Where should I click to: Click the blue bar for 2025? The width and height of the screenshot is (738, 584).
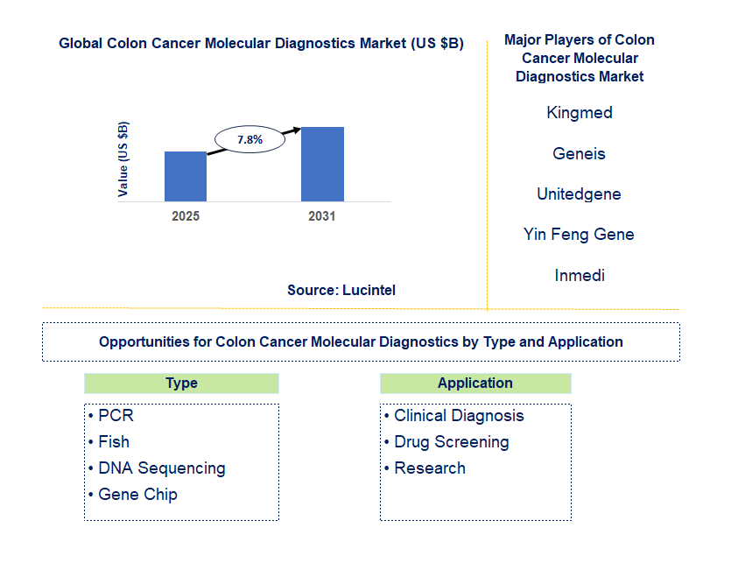click(x=186, y=177)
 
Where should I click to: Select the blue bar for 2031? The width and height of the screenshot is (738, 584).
click(x=322, y=165)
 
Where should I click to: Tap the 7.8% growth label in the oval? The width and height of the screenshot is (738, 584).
click(x=250, y=140)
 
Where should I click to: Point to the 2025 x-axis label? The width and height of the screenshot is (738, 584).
click(x=186, y=216)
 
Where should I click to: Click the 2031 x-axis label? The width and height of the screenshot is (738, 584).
click(x=322, y=216)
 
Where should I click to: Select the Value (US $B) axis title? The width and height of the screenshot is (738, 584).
click(x=123, y=159)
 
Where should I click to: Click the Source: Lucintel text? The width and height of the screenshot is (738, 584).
click(x=341, y=290)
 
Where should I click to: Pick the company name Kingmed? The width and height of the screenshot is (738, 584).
click(x=580, y=113)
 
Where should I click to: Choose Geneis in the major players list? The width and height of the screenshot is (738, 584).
click(x=579, y=153)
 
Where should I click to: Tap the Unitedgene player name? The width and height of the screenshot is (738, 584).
click(x=579, y=193)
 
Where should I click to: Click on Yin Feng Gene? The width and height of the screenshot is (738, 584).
click(x=579, y=235)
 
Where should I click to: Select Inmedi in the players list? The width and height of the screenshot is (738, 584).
click(x=580, y=275)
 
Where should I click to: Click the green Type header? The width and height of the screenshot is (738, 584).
click(x=182, y=383)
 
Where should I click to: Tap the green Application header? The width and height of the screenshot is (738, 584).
click(x=475, y=383)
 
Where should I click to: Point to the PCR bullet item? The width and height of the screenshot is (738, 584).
click(x=111, y=416)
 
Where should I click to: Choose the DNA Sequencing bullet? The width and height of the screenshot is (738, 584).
click(x=158, y=468)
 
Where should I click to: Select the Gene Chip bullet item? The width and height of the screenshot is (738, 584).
click(x=133, y=495)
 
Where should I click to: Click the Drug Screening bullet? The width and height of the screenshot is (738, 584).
click(x=446, y=442)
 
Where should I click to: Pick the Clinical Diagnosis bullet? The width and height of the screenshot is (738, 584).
click(x=454, y=416)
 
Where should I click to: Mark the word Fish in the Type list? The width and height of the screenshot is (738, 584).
click(x=114, y=442)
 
